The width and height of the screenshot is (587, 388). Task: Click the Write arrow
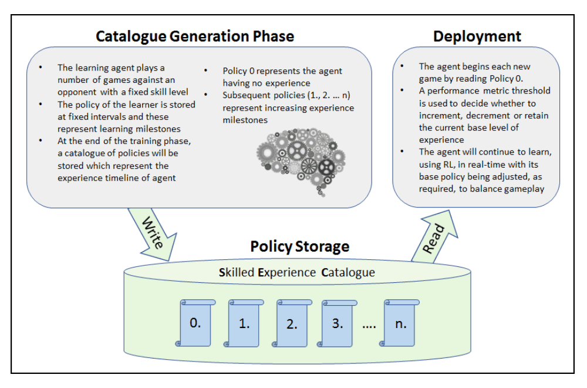click(x=151, y=234)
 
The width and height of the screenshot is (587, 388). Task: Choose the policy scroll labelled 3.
click(x=338, y=323)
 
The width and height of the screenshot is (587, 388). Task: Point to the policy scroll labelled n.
click(x=402, y=323)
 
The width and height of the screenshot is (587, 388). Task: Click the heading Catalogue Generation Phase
click(x=195, y=36)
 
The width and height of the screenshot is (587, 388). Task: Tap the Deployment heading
click(x=477, y=36)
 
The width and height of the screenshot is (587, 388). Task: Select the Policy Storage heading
click(x=299, y=246)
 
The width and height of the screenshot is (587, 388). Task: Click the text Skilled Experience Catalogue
click(x=296, y=273)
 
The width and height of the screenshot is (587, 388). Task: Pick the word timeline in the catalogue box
click(x=129, y=178)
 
